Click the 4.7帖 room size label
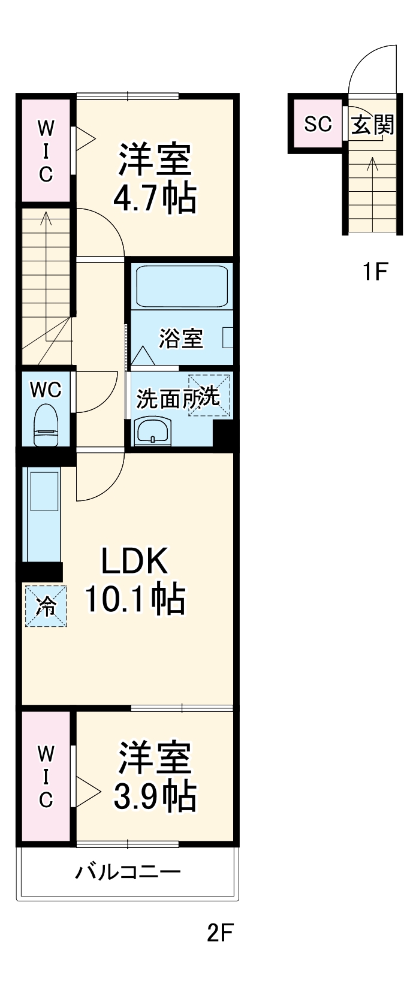(x=155, y=198)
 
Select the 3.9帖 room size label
(x=155, y=795)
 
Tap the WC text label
(x=46, y=390)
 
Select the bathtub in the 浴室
(x=182, y=286)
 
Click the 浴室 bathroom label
(x=180, y=339)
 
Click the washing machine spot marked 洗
(x=209, y=395)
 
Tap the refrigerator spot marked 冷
(x=46, y=606)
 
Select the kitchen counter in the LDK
(x=42, y=514)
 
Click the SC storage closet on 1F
(x=317, y=124)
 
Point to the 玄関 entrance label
(x=372, y=125)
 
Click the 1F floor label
(x=375, y=272)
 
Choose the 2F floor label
(x=219, y=932)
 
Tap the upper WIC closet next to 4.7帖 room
(x=46, y=150)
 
